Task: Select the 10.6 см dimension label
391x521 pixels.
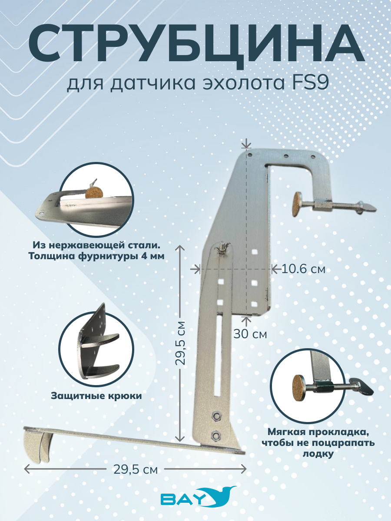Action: tap(303, 270)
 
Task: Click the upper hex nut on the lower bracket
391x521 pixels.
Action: tap(216, 422)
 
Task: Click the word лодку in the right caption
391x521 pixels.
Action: tap(318, 454)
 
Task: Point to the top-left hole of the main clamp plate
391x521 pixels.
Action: tap(249, 155)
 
